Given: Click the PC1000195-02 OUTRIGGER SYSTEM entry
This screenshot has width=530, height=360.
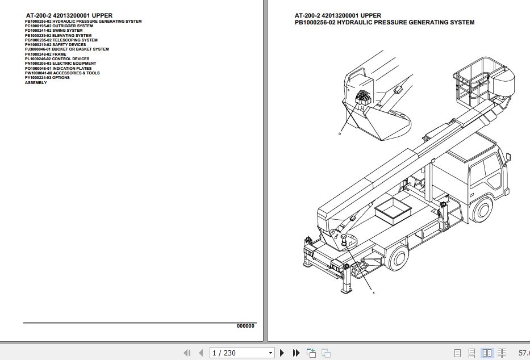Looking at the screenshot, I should (x=59, y=26).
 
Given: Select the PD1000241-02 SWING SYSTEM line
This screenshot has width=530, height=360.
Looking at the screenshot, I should (x=53, y=31).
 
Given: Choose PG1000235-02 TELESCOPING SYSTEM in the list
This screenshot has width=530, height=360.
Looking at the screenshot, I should (x=61, y=40).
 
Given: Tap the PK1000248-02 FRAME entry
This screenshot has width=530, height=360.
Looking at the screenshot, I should (x=45, y=55).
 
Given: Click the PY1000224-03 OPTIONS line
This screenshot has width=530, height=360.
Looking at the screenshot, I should (x=47, y=78).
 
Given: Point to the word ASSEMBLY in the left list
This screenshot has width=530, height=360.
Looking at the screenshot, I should (x=36, y=83).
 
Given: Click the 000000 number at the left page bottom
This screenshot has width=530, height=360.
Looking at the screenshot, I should (x=245, y=326).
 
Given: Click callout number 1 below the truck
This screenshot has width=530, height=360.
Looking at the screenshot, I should (x=373, y=293).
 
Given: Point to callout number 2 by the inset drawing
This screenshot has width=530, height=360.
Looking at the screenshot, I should (x=339, y=134).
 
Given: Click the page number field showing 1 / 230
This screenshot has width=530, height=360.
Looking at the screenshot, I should (x=238, y=353).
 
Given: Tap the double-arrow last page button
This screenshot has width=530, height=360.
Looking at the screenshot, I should (x=296, y=353).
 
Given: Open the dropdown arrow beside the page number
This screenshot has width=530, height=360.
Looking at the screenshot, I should (x=270, y=353).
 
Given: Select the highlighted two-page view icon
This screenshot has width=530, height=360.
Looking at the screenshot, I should (x=486, y=353).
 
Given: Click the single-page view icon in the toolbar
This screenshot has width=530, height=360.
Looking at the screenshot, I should (x=458, y=353).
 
